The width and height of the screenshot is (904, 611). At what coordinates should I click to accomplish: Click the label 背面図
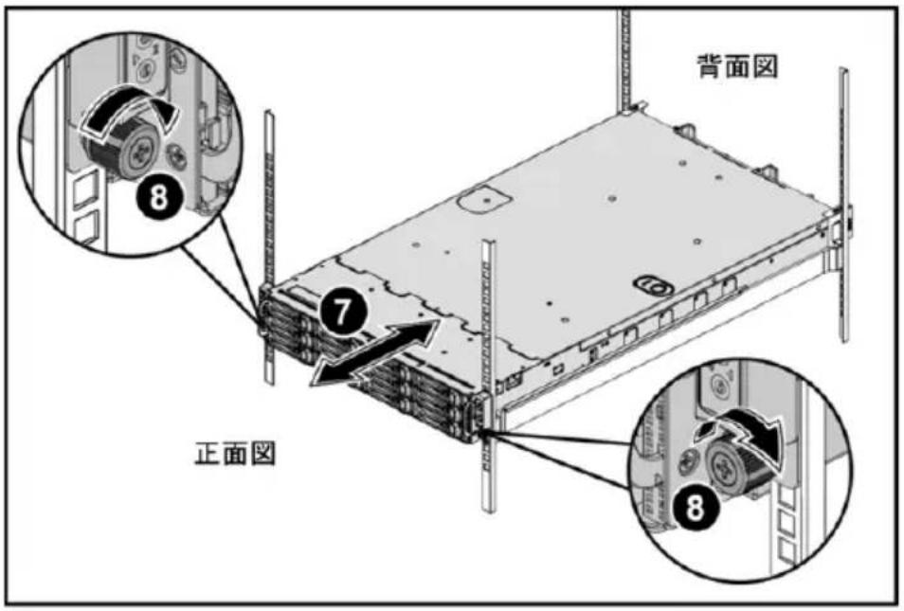coord(738,66)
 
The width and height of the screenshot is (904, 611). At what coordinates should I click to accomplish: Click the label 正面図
coord(235,454)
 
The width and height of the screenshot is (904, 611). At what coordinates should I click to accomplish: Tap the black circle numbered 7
coord(342,313)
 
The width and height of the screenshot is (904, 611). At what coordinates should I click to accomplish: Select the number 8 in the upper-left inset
coord(159,196)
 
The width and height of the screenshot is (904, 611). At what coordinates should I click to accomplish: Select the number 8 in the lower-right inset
coord(696,509)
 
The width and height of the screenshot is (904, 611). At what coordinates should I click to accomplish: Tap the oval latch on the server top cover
coord(653,283)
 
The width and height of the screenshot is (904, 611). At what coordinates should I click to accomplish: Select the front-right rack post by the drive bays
coord(488,375)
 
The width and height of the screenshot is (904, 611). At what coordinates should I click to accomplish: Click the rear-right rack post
coord(843,205)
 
